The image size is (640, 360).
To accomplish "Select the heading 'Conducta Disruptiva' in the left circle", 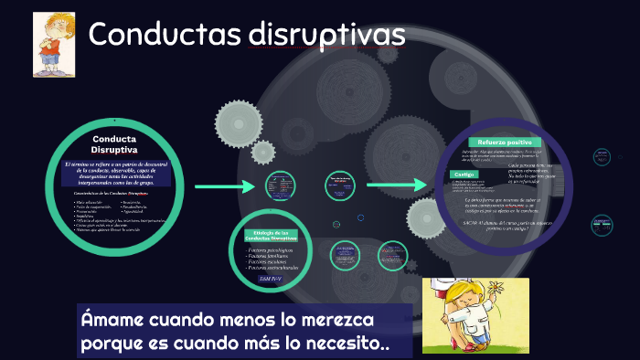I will [x=113, y=144].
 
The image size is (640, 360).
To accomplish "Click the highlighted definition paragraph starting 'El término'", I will [x=113, y=172].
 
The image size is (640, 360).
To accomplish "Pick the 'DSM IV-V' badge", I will [x=272, y=278].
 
